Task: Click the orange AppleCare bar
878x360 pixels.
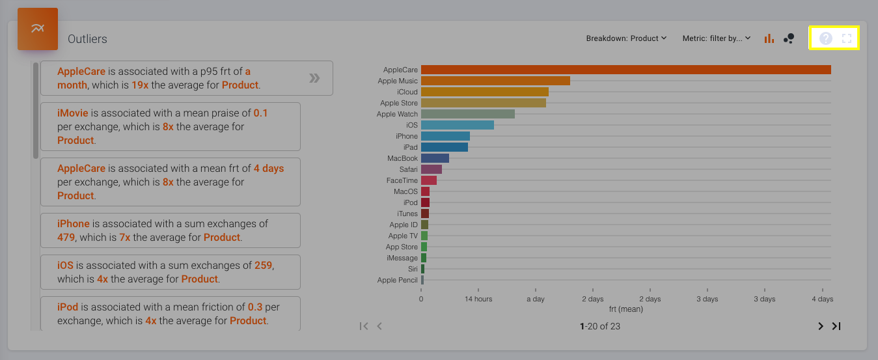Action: [625, 70]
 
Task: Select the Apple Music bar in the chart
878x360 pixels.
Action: [495, 81]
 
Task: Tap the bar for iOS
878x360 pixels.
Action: [457, 125]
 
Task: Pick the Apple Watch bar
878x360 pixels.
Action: [467, 114]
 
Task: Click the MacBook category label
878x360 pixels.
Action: [402, 158]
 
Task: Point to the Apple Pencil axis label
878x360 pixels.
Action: [397, 280]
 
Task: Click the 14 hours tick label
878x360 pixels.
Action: [478, 299]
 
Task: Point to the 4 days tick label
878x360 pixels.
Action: [822, 299]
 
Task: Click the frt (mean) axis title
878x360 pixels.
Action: [625, 309]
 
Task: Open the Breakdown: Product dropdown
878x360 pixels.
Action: [626, 38]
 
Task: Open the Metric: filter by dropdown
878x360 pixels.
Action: [717, 38]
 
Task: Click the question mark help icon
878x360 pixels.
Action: [825, 38]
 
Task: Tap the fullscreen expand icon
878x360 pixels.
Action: [847, 38]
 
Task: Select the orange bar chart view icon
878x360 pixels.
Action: [769, 38]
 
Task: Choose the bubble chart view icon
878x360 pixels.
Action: [789, 38]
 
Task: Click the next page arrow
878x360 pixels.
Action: [820, 326]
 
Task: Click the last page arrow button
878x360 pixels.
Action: [836, 326]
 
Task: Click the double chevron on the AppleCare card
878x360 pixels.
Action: [314, 78]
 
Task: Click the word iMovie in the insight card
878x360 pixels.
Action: [72, 113]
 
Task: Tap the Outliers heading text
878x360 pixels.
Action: [87, 39]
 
